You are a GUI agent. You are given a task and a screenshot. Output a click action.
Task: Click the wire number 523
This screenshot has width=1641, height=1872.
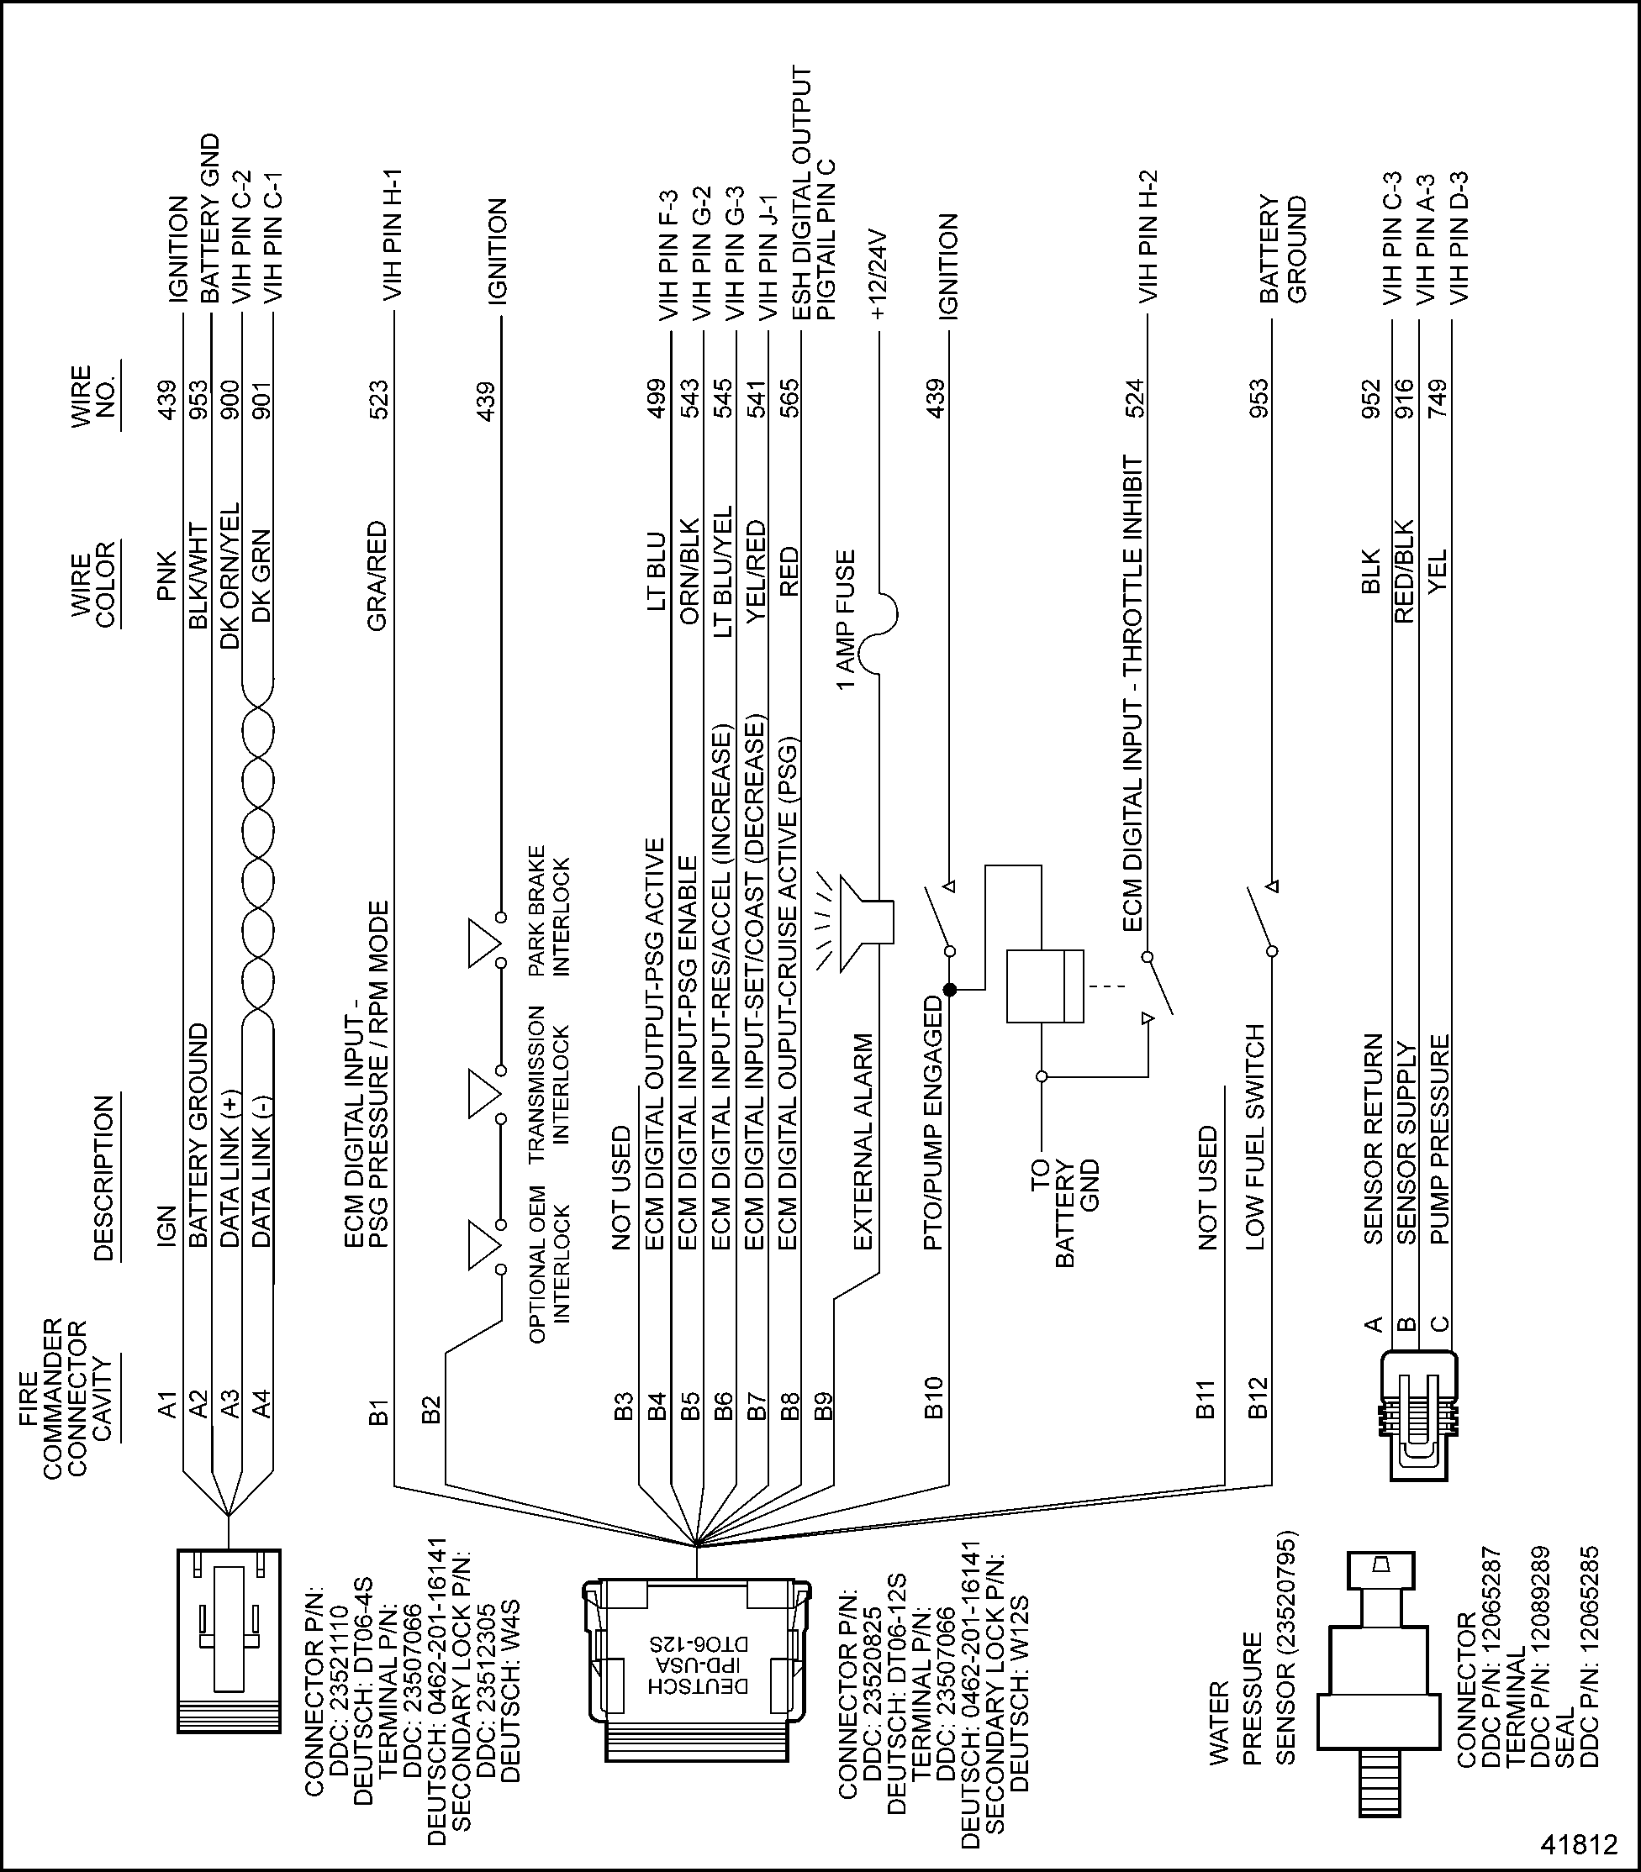click(377, 399)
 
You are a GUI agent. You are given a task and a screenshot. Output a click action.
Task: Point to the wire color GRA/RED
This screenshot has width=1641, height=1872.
click(377, 576)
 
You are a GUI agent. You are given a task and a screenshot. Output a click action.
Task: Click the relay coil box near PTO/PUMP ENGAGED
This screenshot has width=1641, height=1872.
click(1044, 986)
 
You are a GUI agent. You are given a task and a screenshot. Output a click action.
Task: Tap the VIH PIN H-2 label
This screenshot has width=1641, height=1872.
click(1148, 236)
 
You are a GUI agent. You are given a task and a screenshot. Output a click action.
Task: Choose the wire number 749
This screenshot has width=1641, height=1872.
click(1436, 399)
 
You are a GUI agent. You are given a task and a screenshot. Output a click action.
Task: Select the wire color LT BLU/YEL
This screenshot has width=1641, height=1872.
click(724, 571)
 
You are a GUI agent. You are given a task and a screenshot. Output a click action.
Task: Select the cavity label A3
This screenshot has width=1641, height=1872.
click(230, 1403)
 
